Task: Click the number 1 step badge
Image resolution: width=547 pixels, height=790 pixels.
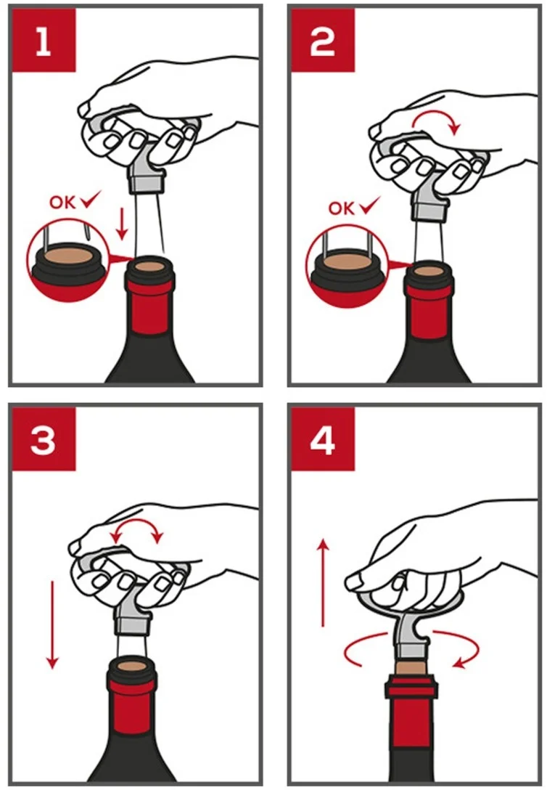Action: (44, 41)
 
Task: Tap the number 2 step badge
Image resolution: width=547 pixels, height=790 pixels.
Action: (323, 41)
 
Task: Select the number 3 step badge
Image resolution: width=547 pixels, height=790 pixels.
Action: (44, 439)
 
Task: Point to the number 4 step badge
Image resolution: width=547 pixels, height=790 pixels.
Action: (323, 439)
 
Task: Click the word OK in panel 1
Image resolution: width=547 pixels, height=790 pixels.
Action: (62, 203)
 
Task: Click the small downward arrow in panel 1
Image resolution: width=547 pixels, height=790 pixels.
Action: (121, 224)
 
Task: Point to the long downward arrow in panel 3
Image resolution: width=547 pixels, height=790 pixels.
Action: (52, 624)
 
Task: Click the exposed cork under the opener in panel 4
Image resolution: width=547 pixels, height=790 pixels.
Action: (411, 668)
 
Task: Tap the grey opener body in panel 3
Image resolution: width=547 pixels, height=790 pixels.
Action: (132, 611)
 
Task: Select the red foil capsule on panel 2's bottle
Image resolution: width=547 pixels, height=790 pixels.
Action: (428, 312)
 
